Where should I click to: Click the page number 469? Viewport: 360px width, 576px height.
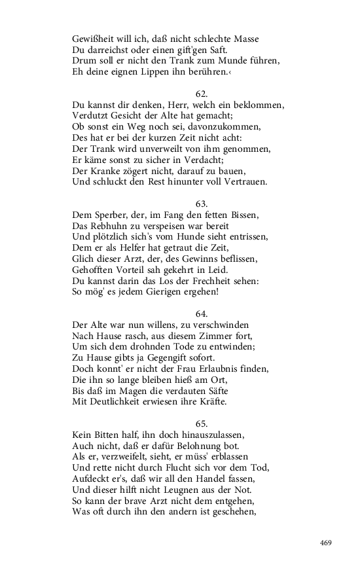click(x=327, y=543)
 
